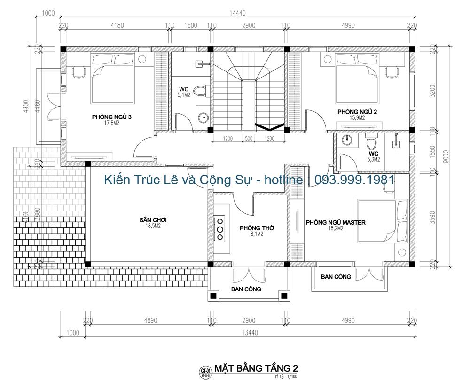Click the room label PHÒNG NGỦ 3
point(111,117)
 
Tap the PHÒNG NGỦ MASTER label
point(336,222)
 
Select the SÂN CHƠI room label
point(153,219)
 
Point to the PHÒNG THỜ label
point(257,228)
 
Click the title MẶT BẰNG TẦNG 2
point(256,367)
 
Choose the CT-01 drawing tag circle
point(205,371)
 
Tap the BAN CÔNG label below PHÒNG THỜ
point(246,289)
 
